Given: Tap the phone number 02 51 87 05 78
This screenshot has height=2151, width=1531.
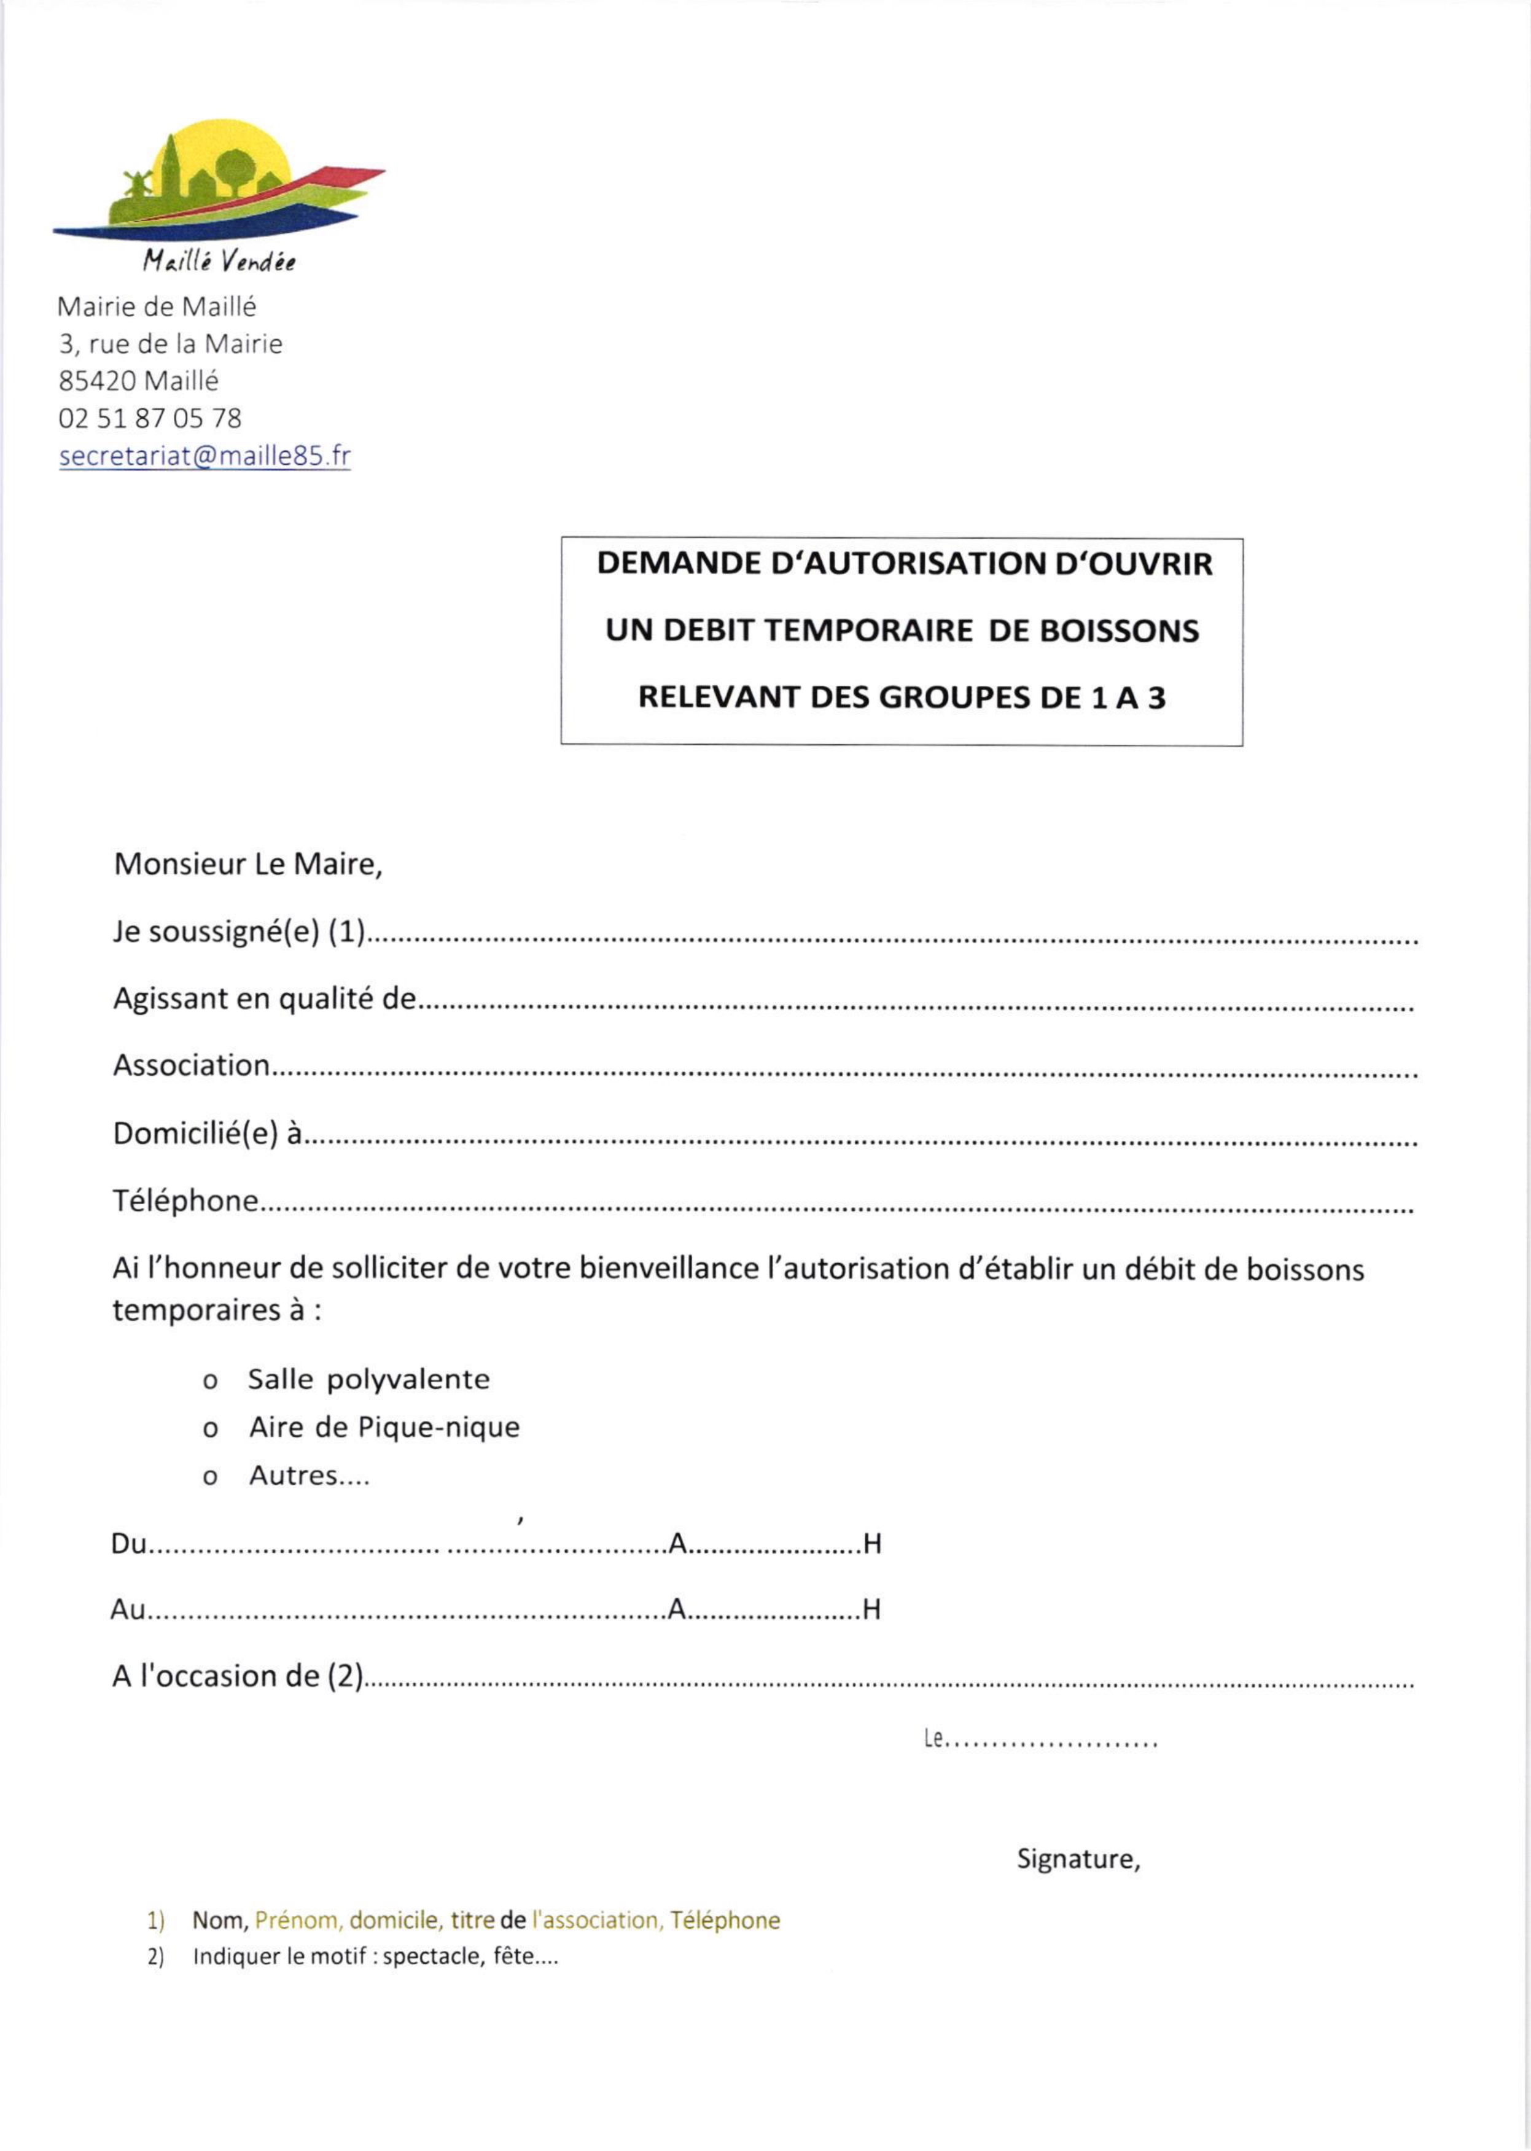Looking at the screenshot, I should point(150,418).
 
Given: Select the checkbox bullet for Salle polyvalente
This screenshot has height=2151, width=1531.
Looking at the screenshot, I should point(210,1382).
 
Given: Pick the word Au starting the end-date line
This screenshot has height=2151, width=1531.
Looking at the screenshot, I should point(127,1609).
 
